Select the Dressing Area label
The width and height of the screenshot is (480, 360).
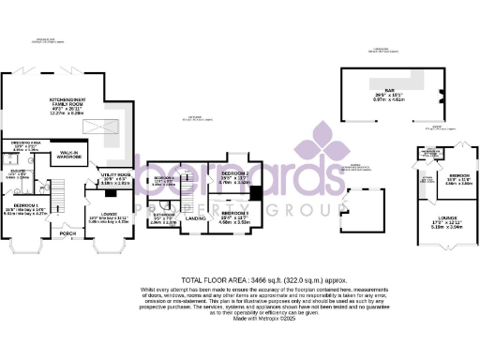[x=25, y=144]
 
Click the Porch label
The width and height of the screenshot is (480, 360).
[x=67, y=233]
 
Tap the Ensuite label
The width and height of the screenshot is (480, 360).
[x=13, y=172]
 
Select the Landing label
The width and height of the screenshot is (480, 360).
[x=195, y=218]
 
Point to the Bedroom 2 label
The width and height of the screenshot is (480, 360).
[x=233, y=174]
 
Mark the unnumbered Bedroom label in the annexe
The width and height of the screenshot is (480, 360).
[x=458, y=175]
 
